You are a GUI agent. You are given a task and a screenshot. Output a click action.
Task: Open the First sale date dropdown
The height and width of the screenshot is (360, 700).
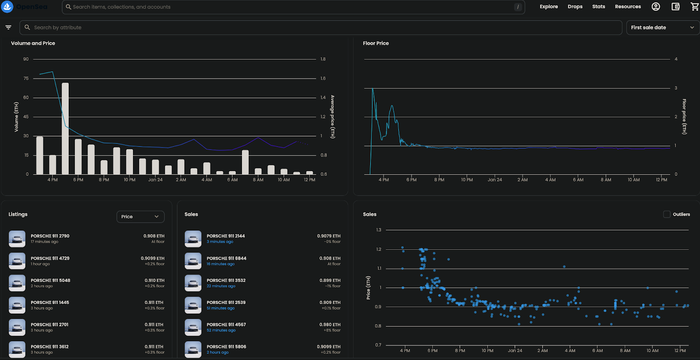click(x=662, y=28)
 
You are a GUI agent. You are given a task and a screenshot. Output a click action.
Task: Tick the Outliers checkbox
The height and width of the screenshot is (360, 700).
click(x=667, y=214)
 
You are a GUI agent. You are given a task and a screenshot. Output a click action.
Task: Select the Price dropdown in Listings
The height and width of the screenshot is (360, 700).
click(x=140, y=217)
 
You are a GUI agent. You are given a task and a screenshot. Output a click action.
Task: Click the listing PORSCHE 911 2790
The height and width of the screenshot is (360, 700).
click(x=50, y=236)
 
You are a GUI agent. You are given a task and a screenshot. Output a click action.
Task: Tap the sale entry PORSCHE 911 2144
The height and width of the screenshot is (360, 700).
click(x=226, y=236)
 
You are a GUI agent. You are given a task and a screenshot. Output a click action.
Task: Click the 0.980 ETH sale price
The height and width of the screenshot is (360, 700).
click(x=330, y=325)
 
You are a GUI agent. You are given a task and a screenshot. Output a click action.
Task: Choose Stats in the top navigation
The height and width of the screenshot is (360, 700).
click(x=598, y=7)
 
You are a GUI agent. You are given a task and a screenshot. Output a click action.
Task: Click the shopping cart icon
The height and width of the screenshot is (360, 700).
click(x=694, y=7)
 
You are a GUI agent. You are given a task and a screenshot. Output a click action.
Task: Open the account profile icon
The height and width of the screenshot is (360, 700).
click(x=655, y=7)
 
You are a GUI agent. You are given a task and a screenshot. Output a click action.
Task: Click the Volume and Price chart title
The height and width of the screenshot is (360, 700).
click(x=33, y=43)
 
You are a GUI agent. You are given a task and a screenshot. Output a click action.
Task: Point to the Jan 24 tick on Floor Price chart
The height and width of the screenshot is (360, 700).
click(x=495, y=180)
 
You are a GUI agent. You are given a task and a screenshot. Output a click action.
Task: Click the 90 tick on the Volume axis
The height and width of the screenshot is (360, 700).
click(x=26, y=59)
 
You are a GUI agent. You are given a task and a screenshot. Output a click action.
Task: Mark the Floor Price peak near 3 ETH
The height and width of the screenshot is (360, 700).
click(x=373, y=89)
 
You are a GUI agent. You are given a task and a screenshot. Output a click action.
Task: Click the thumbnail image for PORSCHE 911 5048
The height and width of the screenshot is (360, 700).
click(x=17, y=283)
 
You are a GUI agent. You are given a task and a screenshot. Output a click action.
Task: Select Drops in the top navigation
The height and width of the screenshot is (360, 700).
click(x=575, y=7)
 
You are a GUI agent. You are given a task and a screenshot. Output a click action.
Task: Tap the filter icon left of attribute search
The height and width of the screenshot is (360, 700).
click(x=8, y=28)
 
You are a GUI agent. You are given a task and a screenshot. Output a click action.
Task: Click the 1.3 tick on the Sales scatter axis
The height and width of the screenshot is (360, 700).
click(x=378, y=230)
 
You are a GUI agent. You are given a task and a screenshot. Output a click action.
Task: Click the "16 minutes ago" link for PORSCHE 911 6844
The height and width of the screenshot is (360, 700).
click(x=220, y=264)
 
